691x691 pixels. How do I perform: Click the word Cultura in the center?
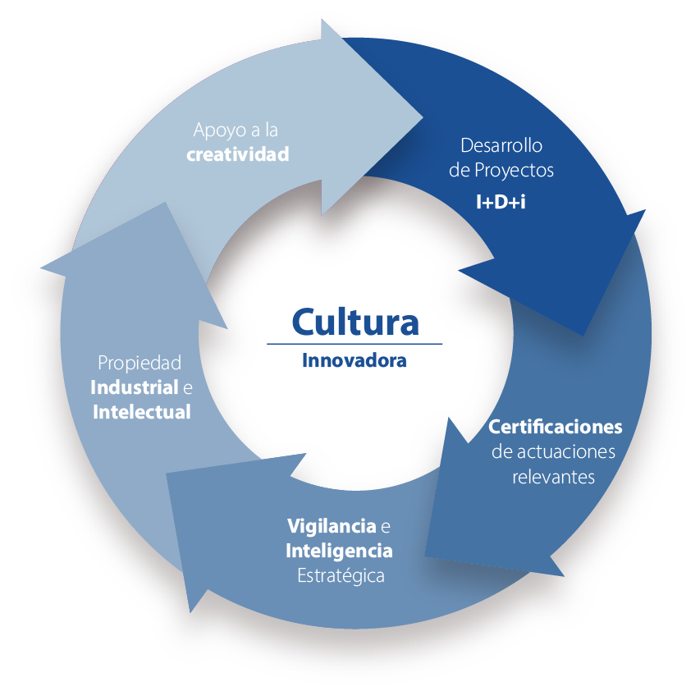tap(355, 321)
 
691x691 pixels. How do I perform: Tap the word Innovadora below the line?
tap(354, 360)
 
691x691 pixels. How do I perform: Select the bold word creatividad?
tap(237, 153)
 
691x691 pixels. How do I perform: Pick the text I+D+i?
tap(501, 199)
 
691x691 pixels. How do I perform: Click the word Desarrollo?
tap(501, 146)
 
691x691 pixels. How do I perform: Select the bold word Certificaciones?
tap(555, 428)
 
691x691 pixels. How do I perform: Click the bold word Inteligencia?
tap(338, 550)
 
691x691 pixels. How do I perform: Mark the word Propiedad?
tap(140, 362)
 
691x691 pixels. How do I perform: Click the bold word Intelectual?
tap(141, 411)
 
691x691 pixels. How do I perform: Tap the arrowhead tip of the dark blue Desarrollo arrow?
tap(583, 335)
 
